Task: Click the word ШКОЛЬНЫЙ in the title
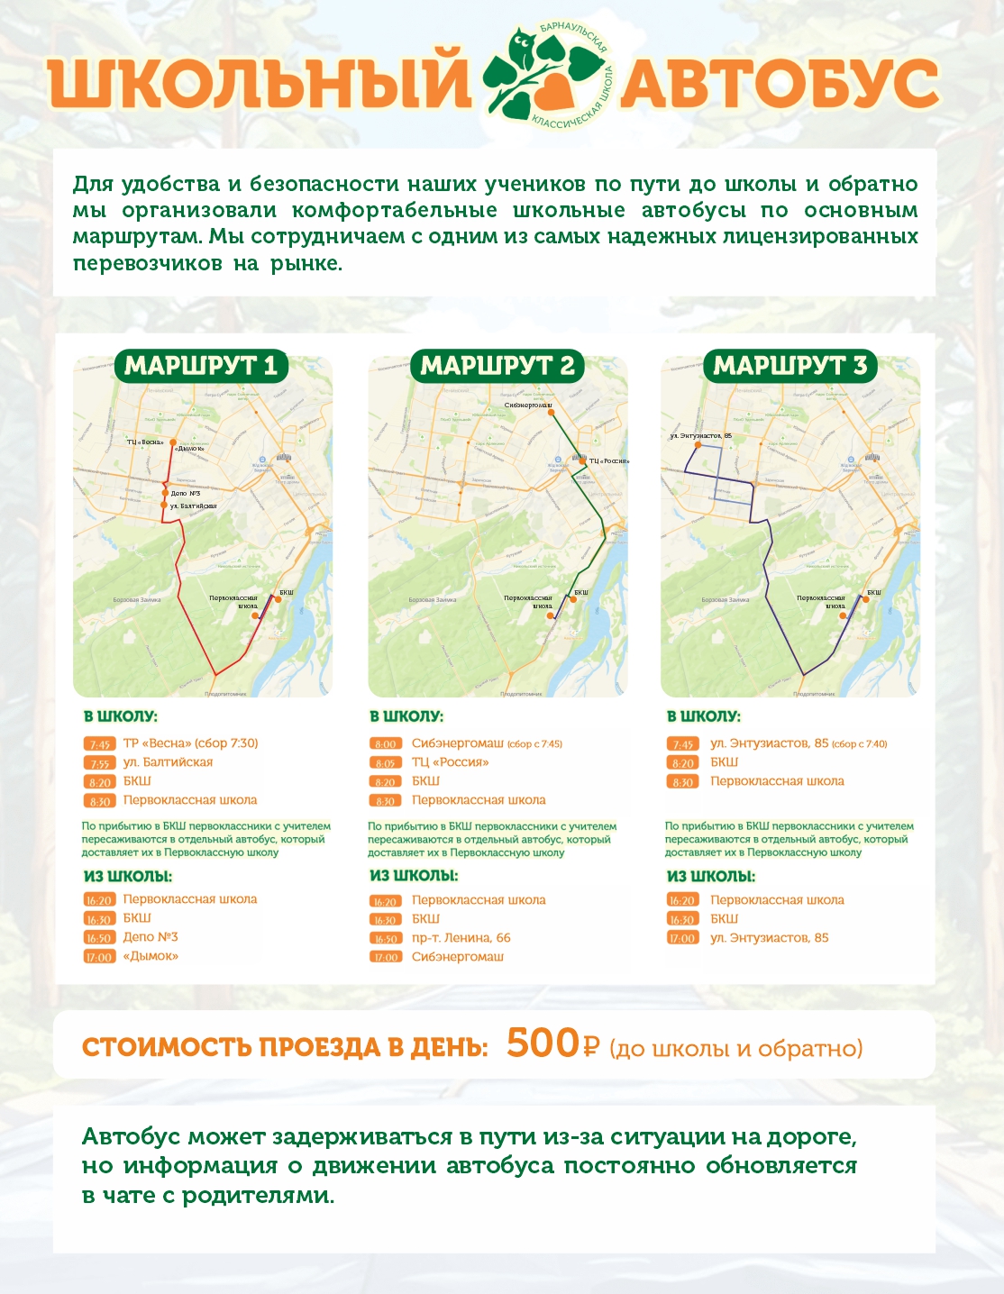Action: pyautogui.click(x=260, y=84)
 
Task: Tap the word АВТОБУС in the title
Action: pyautogui.click(x=779, y=84)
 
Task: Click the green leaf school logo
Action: pyautogui.click(x=545, y=77)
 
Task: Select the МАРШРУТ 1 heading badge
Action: pyautogui.click(x=200, y=366)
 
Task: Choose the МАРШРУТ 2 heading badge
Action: pyautogui.click(x=497, y=366)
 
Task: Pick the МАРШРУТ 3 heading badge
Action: pyautogui.click(x=790, y=366)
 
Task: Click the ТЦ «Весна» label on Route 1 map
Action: pyautogui.click(x=145, y=442)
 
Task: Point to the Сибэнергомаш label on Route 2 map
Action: pyautogui.click(x=528, y=405)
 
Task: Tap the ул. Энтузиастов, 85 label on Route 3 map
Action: pyautogui.click(x=700, y=436)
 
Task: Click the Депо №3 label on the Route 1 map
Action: pyautogui.click(x=185, y=493)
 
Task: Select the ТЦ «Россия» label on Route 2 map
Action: pyautogui.click(x=609, y=461)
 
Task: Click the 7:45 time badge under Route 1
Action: pyautogui.click(x=99, y=744)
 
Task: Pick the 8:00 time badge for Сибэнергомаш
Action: pyautogui.click(x=386, y=744)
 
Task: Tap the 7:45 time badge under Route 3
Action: pyautogui.click(x=682, y=744)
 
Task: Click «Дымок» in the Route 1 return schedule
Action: pyautogui.click(x=151, y=956)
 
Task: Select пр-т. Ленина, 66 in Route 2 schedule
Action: pyautogui.click(x=461, y=938)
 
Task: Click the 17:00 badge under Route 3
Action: pyautogui.click(x=682, y=938)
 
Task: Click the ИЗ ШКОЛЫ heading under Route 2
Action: pyautogui.click(x=414, y=876)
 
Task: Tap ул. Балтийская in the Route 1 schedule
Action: pyautogui.click(x=168, y=762)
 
